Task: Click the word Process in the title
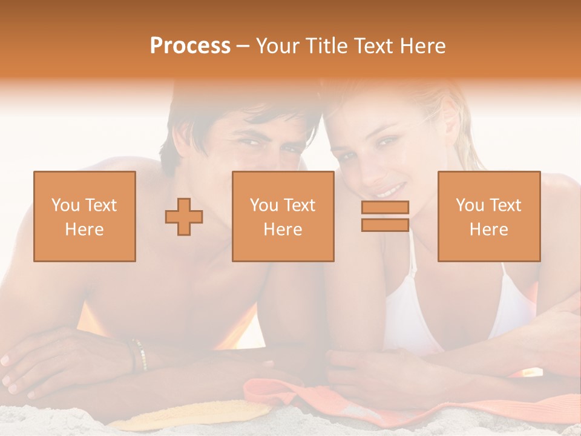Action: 190,46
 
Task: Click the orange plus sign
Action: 184,217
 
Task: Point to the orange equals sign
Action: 385,216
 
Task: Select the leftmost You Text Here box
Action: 85,217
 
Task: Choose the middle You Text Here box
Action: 283,217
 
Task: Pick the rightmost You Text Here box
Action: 489,217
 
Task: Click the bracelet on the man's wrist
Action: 139,354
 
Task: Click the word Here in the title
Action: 424,46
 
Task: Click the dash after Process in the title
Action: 243,46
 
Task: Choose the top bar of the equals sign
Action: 385,207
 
